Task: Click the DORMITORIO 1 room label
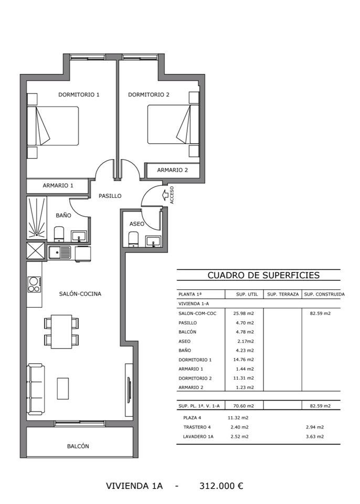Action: point(79,94)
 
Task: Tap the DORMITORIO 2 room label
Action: point(149,94)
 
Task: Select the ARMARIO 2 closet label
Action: point(172,170)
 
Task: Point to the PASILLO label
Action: point(110,196)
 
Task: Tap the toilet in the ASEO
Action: point(133,239)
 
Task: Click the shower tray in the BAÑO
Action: point(36,218)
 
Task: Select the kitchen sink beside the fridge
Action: point(60,253)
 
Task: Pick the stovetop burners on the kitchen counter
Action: point(34,285)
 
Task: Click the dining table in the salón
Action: point(61,331)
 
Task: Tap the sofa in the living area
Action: point(36,389)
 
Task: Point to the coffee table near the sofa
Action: point(62,388)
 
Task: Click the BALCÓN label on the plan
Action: point(78,446)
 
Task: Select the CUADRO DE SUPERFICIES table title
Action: point(263,275)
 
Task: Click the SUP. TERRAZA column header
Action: point(283,294)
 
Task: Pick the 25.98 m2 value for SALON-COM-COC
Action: point(243,313)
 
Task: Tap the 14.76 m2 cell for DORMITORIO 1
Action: point(243,359)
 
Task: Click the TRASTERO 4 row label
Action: point(197,427)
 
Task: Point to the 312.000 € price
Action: point(221,486)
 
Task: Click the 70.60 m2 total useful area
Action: point(243,406)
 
